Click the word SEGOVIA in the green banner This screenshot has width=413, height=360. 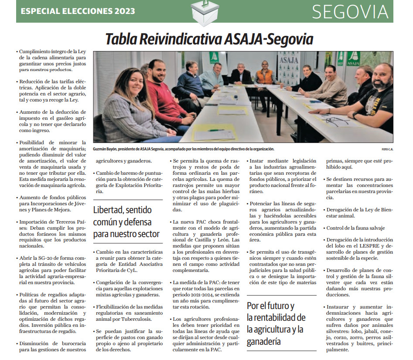[350, 12]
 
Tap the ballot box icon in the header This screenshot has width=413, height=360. [205, 13]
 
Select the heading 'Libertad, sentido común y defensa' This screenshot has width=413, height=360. [126, 222]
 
